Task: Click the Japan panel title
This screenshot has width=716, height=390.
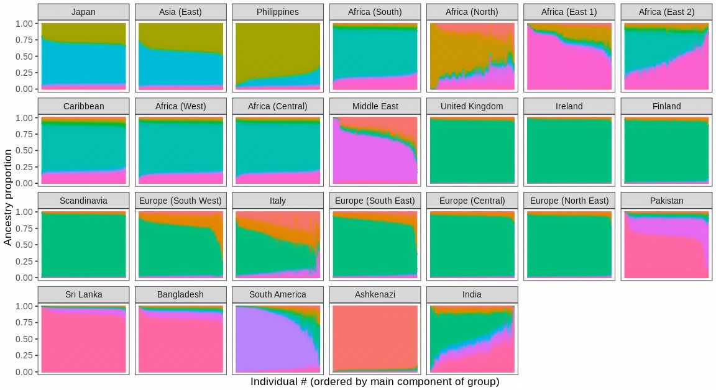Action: pyautogui.click(x=83, y=12)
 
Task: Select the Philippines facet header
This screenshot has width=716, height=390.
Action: pyautogui.click(x=278, y=12)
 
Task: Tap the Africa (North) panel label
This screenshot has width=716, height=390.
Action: pyautogui.click(x=472, y=12)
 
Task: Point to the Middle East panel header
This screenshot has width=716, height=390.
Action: pyautogui.click(x=375, y=106)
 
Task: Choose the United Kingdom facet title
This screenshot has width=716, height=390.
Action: pyautogui.click(x=472, y=106)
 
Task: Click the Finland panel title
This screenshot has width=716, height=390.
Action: pyautogui.click(x=666, y=106)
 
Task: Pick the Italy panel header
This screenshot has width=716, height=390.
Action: pyautogui.click(x=278, y=201)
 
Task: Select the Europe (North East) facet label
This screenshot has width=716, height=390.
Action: pyautogui.click(x=569, y=201)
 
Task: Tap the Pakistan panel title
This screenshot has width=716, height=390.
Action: pyautogui.click(x=666, y=201)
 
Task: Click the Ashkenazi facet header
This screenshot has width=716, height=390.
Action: pyautogui.click(x=375, y=294)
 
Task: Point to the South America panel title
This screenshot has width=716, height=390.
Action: pyautogui.click(x=278, y=294)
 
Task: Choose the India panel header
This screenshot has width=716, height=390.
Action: pyautogui.click(x=472, y=294)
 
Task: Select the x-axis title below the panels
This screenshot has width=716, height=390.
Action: pyautogui.click(x=375, y=382)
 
